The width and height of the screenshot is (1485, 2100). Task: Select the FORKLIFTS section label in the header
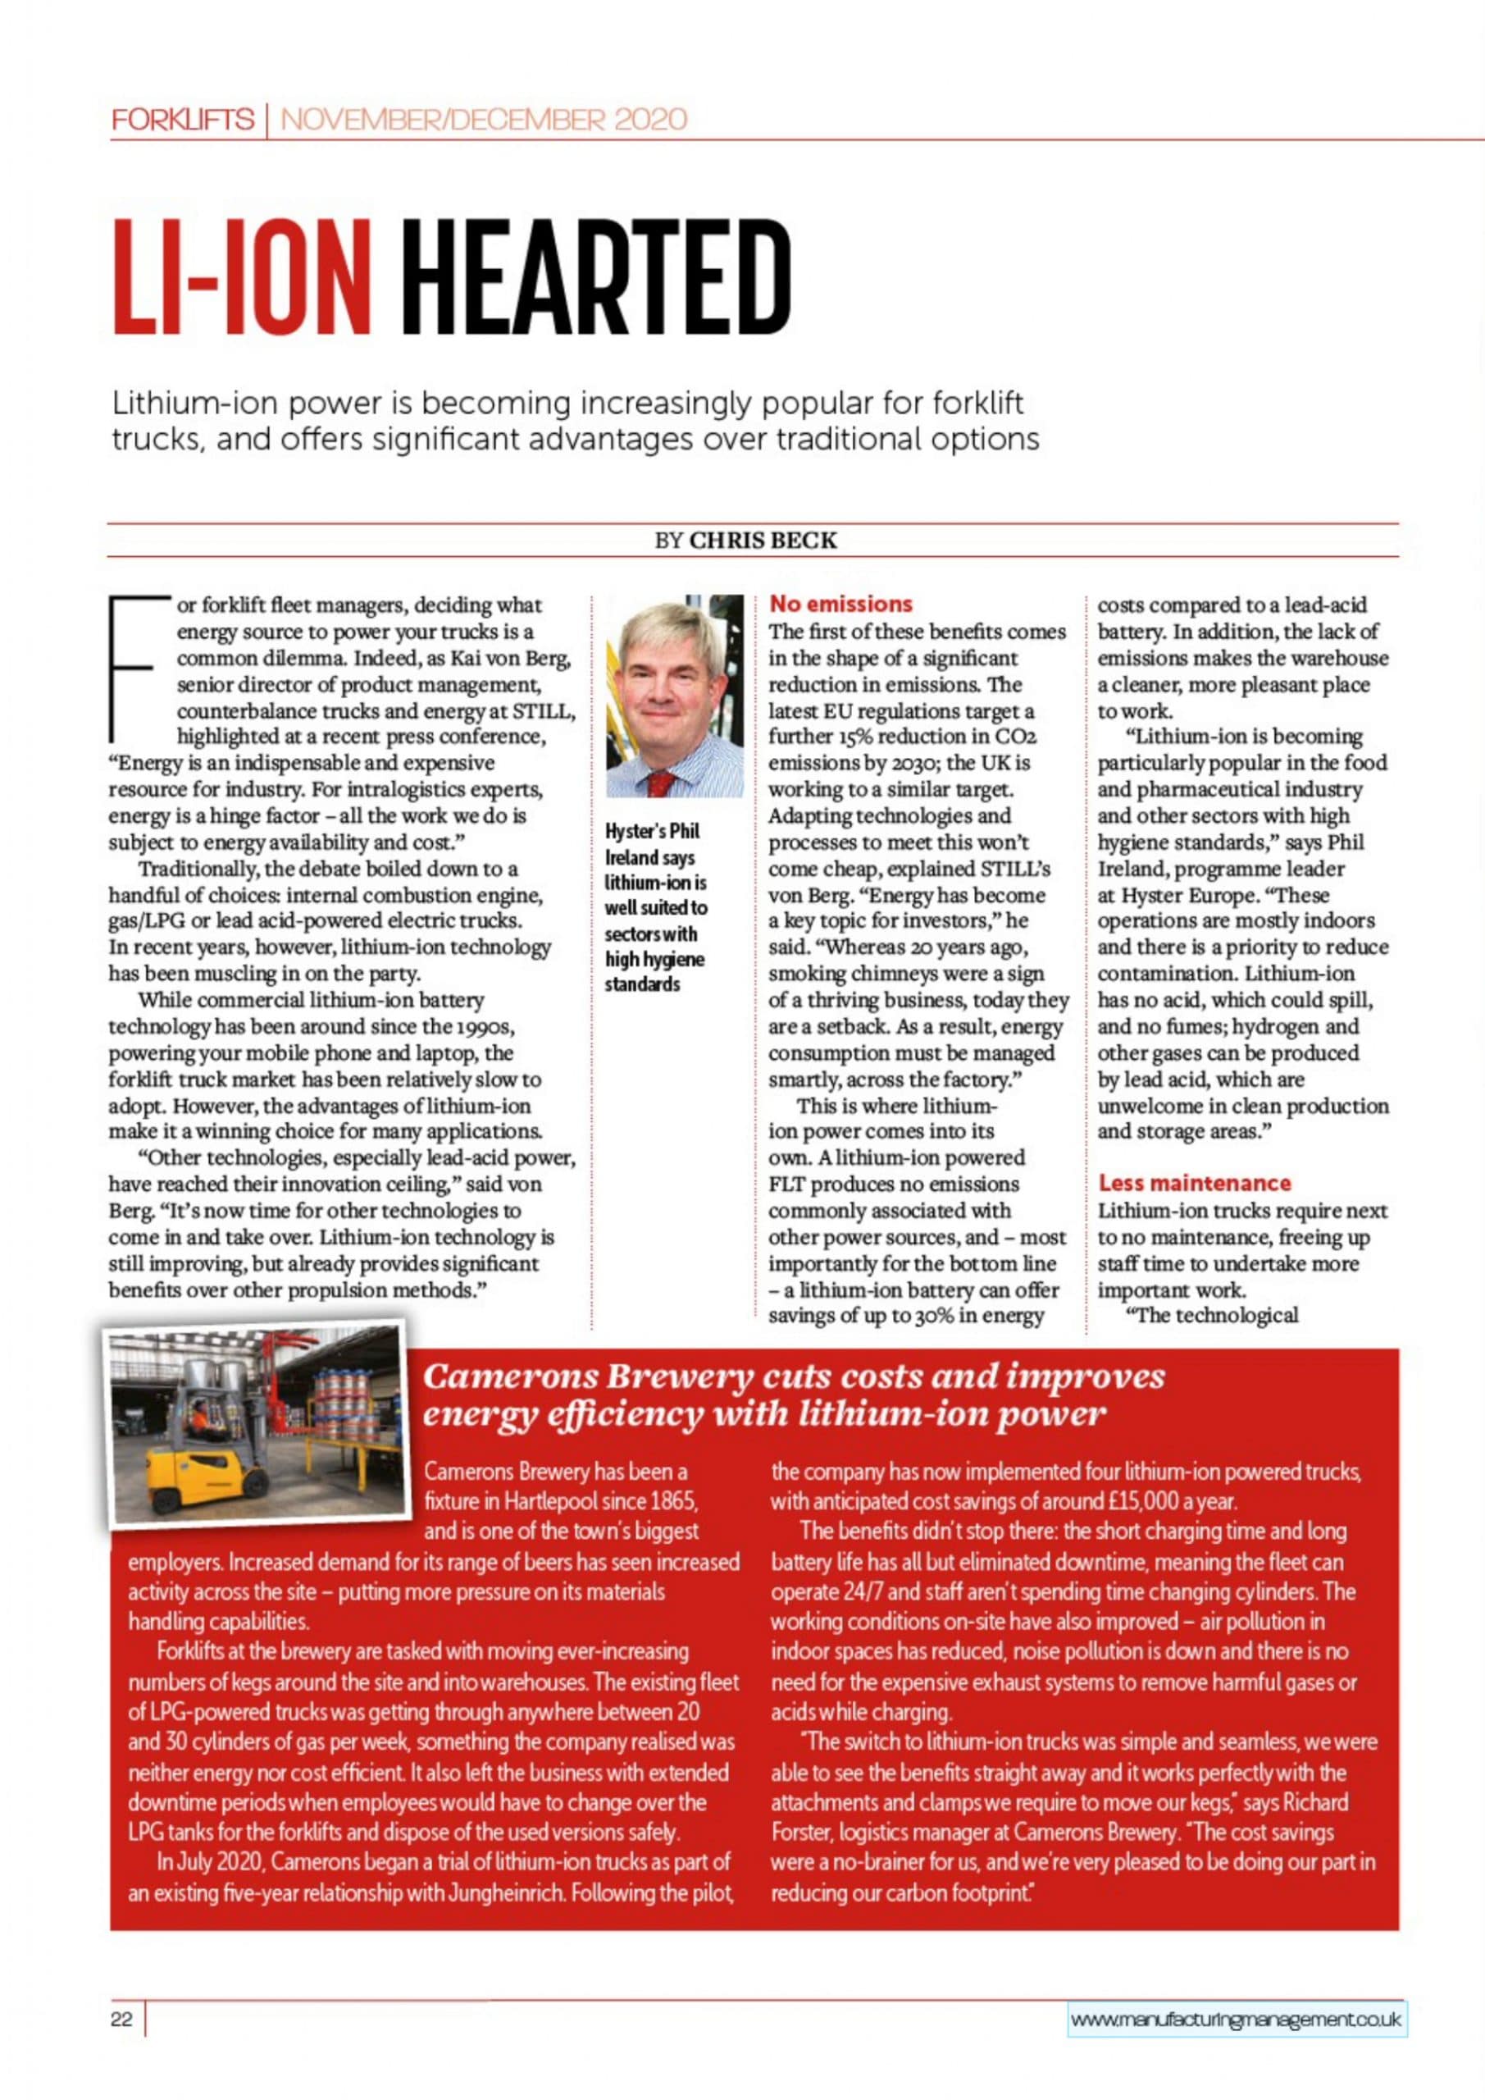[183, 120]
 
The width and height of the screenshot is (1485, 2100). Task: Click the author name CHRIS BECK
[763, 541]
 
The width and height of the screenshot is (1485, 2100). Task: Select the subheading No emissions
[840, 604]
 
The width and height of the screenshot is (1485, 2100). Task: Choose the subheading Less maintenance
[1194, 1183]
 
